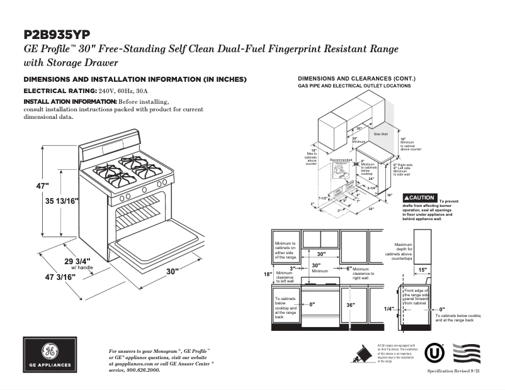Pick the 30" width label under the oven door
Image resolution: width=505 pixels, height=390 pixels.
tap(173, 271)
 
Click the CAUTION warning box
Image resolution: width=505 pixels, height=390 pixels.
tap(419, 198)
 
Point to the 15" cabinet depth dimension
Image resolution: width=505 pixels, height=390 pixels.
tap(422, 270)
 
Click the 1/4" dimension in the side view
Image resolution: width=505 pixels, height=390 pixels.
tap(389, 309)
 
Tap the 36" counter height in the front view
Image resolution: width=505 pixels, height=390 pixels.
tap(350, 305)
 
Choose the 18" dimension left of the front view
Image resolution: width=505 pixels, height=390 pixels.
tap(268, 274)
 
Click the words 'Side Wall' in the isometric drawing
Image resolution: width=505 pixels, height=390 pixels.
tap(380, 134)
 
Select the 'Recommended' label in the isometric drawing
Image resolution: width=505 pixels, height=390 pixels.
tap(341, 160)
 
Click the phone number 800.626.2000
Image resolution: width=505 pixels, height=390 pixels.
tap(144, 370)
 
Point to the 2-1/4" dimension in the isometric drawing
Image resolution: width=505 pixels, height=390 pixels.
tap(373, 187)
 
